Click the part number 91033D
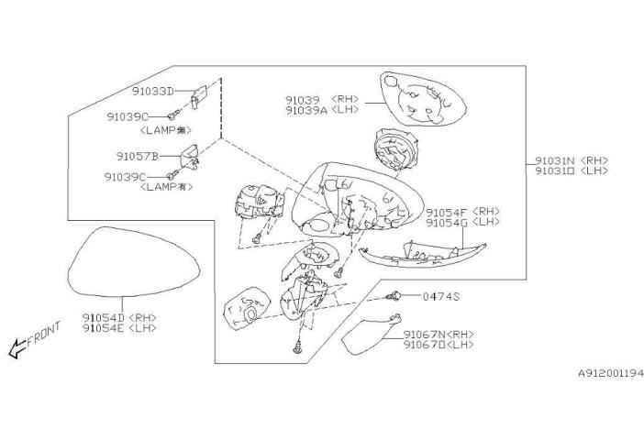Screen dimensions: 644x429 pyautogui.click(x=153, y=91)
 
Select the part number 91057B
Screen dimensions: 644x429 pyautogui.click(x=138, y=157)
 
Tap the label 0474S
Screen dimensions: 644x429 pyautogui.click(x=441, y=296)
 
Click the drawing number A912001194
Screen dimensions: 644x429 pyautogui.click(x=611, y=373)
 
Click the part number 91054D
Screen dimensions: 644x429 pyautogui.click(x=103, y=317)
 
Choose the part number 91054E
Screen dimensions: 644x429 pyautogui.click(x=103, y=328)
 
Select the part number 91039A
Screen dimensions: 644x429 pyautogui.click(x=306, y=110)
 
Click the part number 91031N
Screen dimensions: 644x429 pyautogui.click(x=554, y=160)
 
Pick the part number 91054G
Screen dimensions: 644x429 pyautogui.click(x=447, y=223)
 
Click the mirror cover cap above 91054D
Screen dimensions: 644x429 pyautogui.click(x=134, y=261)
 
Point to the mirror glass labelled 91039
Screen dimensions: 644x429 pyautogui.click(x=423, y=99)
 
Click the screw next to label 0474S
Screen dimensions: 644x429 pyautogui.click(x=393, y=295)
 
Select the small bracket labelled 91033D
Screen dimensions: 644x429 pyautogui.click(x=199, y=97)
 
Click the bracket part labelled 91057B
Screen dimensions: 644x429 pyautogui.click(x=189, y=158)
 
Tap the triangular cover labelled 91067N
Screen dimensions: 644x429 pyautogui.click(x=370, y=335)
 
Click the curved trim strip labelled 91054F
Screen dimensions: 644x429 pyautogui.click(x=422, y=255)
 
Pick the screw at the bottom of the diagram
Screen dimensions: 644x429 pyautogui.click(x=298, y=347)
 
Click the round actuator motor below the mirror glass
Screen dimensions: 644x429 pyautogui.click(x=395, y=149)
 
